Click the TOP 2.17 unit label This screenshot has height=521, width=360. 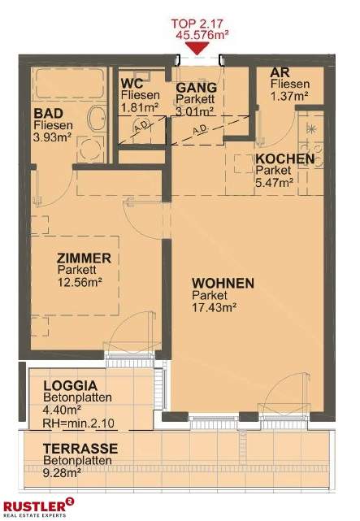[198, 24]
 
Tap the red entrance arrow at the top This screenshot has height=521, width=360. [198, 48]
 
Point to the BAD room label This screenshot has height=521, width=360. [46, 113]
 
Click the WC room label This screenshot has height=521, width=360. [132, 83]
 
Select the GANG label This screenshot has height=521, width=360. [196, 87]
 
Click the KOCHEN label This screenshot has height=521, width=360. [284, 159]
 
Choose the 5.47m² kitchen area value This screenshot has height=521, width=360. [275, 184]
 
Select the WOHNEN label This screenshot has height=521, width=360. [223, 283]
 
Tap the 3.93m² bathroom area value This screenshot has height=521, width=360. [53, 137]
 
